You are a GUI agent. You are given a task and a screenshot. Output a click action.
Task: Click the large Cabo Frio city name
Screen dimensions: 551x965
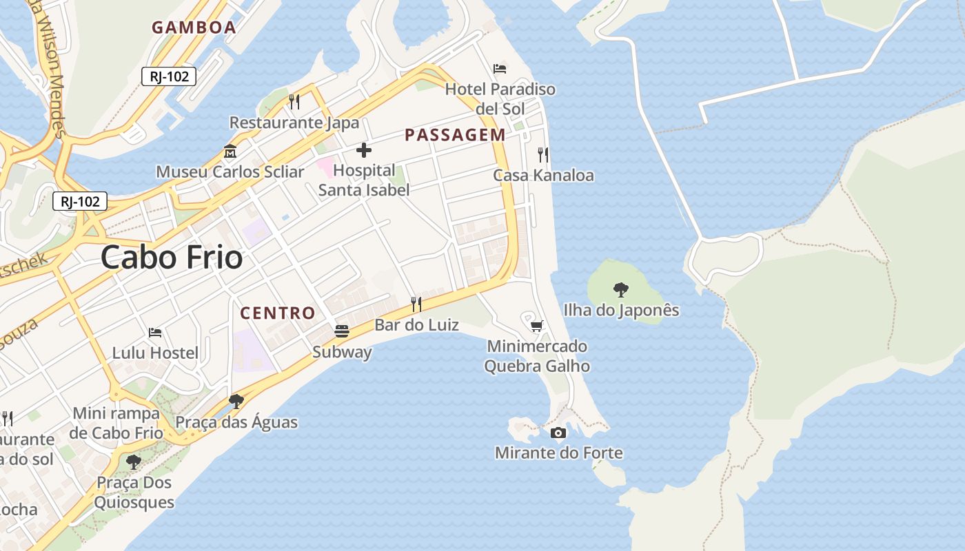pyautogui.click(x=172, y=258)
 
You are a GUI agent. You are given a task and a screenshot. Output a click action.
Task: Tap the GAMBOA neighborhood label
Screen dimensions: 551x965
pyautogui.click(x=194, y=28)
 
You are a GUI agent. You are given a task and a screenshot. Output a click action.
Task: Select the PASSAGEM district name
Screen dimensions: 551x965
pyautogui.click(x=455, y=135)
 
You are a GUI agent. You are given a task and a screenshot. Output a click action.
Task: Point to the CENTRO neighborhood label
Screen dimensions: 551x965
pyautogui.click(x=277, y=313)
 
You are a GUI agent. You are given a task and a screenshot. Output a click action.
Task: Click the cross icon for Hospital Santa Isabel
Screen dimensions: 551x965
pyautogui.click(x=364, y=150)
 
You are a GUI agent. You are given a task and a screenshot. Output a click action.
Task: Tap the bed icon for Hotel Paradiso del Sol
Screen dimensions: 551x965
pyautogui.click(x=500, y=68)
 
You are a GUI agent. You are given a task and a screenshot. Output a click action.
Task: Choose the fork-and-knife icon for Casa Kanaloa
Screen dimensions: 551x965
pyautogui.click(x=543, y=154)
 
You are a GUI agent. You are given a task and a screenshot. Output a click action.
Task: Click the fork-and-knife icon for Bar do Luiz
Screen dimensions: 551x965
pyautogui.click(x=416, y=304)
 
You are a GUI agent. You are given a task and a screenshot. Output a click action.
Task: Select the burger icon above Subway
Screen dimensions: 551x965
pyautogui.click(x=342, y=331)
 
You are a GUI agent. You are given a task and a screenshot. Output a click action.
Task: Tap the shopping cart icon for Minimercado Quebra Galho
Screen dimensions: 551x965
pyautogui.click(x=537, y=325)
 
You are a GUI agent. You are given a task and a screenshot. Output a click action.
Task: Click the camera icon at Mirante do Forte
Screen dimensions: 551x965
pyautogui.click(x=558, y=433)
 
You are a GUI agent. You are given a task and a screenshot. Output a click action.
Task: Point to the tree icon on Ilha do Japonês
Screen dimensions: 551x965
pyautogui.click(x=621, y=289)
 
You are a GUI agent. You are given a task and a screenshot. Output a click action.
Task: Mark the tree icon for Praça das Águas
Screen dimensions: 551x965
pyautogui.click(x=236, y=401)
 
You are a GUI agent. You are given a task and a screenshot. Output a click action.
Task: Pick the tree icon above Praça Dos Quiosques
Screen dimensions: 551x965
pyautogui.click(x=134, y=461)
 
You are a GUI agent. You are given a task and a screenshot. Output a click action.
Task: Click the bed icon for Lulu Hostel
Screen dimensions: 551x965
pyautogui.click(x=155, y=333)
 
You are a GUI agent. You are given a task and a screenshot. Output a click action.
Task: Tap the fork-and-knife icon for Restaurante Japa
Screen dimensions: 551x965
pyautogui.click(x=294, y=102)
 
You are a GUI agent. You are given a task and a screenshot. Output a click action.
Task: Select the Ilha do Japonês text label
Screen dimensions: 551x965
pyautogui.click(x=621, y=311)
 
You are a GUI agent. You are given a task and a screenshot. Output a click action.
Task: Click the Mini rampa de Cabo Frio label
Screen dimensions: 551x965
pyautogui.click(x=116, y=423)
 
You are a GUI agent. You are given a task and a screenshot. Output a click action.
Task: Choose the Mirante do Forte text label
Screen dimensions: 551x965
pyautogui.click(x=558, y=453)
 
